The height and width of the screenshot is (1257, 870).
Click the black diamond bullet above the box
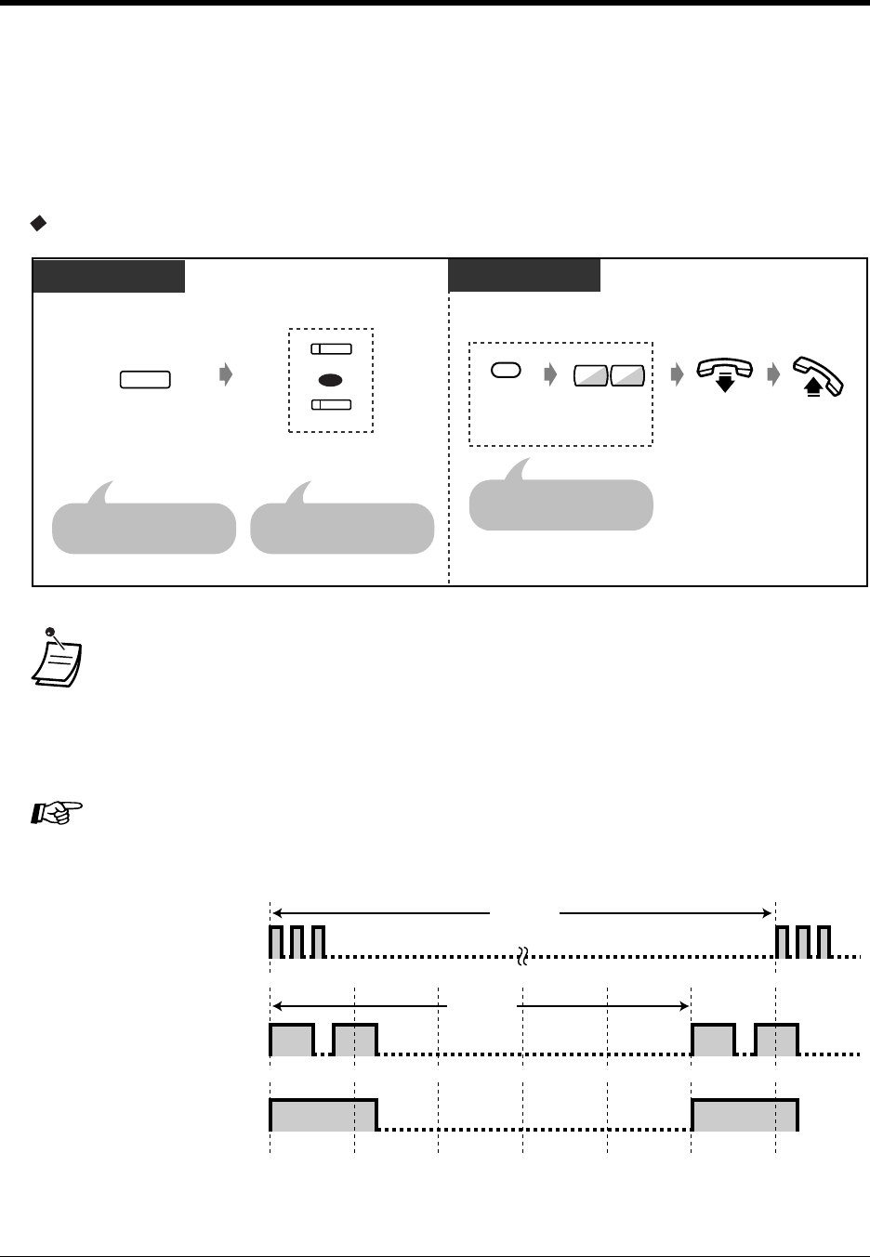(38, 223)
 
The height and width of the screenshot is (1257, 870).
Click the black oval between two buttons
(330, 379)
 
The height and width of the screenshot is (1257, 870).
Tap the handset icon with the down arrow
(727, 374)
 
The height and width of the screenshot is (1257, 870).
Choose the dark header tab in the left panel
(109, 276)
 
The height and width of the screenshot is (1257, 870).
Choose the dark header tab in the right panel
(524, 276)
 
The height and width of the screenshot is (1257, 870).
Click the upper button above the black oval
(331, 349)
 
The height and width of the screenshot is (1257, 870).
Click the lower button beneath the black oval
(331, 404)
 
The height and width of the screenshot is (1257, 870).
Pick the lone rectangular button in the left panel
(145, 379)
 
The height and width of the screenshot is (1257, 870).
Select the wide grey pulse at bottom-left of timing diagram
(323, 1114)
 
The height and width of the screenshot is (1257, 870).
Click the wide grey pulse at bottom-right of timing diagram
(745, 1114)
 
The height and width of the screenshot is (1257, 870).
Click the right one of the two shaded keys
(628, 376)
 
